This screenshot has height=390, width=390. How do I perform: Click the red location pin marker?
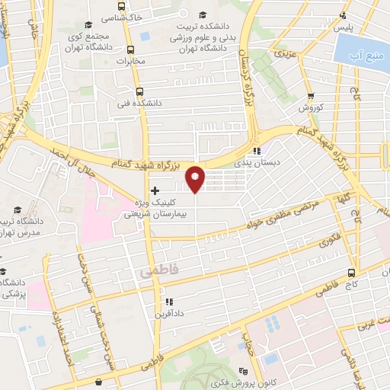click(x=196, y=178)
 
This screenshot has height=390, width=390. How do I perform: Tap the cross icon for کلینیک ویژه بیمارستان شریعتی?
click(x=155, y=190)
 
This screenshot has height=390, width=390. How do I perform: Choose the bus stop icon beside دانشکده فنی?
click(x=139, y=91)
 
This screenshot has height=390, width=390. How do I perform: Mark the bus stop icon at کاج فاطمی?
click(x=351, y=273)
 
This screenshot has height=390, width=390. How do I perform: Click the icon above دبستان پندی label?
click(x=258, y=151)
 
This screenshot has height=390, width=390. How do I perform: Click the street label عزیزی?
click(x=285, y=54)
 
